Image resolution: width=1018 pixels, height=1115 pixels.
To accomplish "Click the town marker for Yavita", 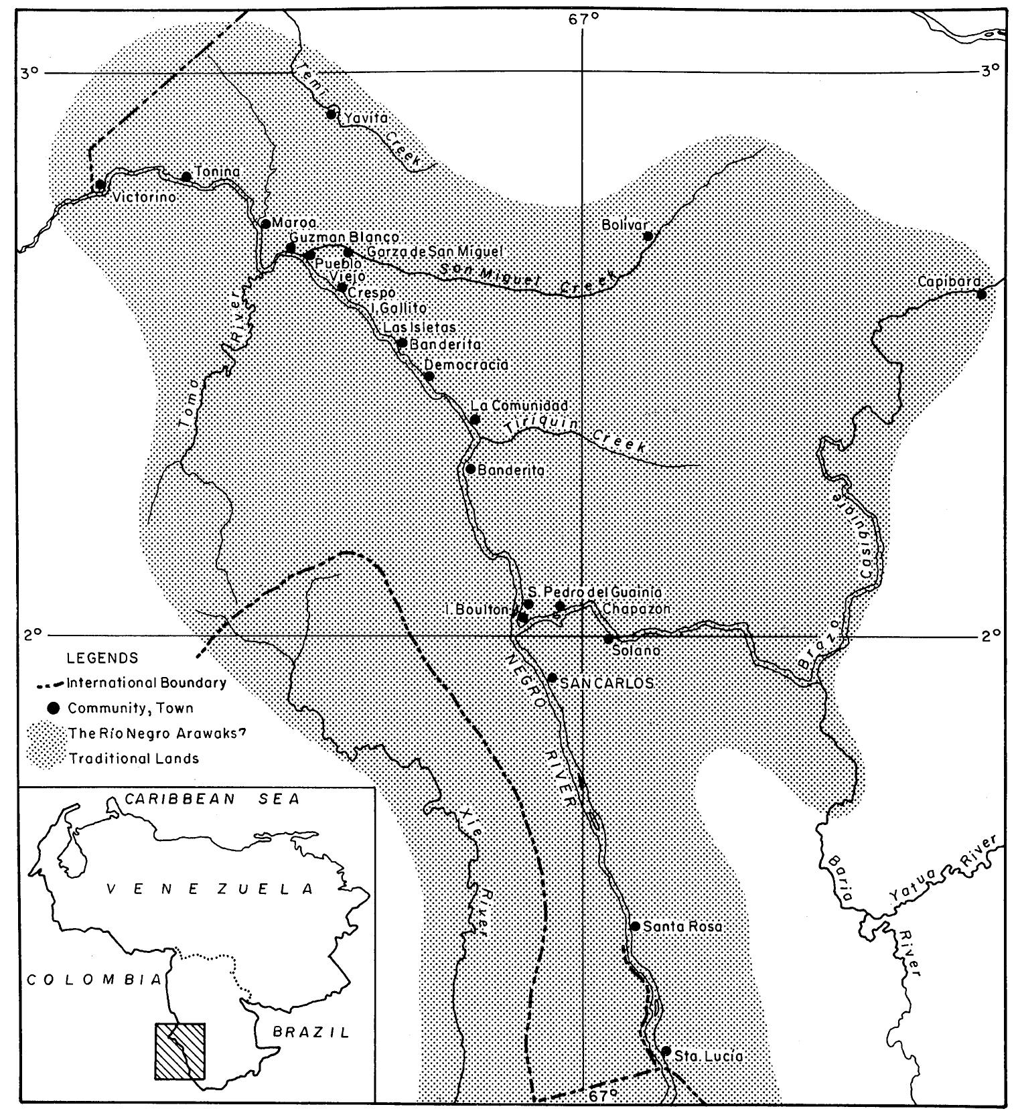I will pyautogui.click(x=331, y=114).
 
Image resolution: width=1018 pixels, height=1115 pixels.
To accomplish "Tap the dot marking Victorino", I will pyautogui.click(x=100, y=185).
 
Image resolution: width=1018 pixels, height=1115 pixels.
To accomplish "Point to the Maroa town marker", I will pyautogui.click(x=266, y=224).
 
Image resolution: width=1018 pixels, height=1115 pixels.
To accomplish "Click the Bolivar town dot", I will pyautogui.click(x=648, y=236).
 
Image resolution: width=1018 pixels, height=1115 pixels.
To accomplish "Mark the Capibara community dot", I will pyautogui.click(x=981, y=294).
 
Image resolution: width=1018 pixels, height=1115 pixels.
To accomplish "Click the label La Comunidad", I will pyautogui.click(x=520, y=406).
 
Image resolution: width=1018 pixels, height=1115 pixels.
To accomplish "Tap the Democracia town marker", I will pyautogui.click(x=429, y=376).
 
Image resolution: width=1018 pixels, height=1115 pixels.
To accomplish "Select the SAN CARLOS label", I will pyautogui.click(x=606, y=683).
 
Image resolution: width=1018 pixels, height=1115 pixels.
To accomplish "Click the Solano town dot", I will pyautogui.click(x=609, y=639).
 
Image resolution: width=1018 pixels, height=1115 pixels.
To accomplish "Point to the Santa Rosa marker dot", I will pyautogui.click(x=635, y=926).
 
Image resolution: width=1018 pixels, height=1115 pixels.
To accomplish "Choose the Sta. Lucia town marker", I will pyautogui.click(x=666, y=1051).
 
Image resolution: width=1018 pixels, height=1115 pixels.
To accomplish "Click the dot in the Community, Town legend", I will pyautogui.click(x=55, y=708).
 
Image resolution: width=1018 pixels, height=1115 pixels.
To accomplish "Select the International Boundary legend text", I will pyautogui.click(x=146, y=684).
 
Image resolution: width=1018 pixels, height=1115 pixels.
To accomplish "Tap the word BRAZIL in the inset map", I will pyautogui.click(x=311, y=1032).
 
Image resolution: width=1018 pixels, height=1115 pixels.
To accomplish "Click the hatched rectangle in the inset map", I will pyautogui.click(x=180, y=1050).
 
